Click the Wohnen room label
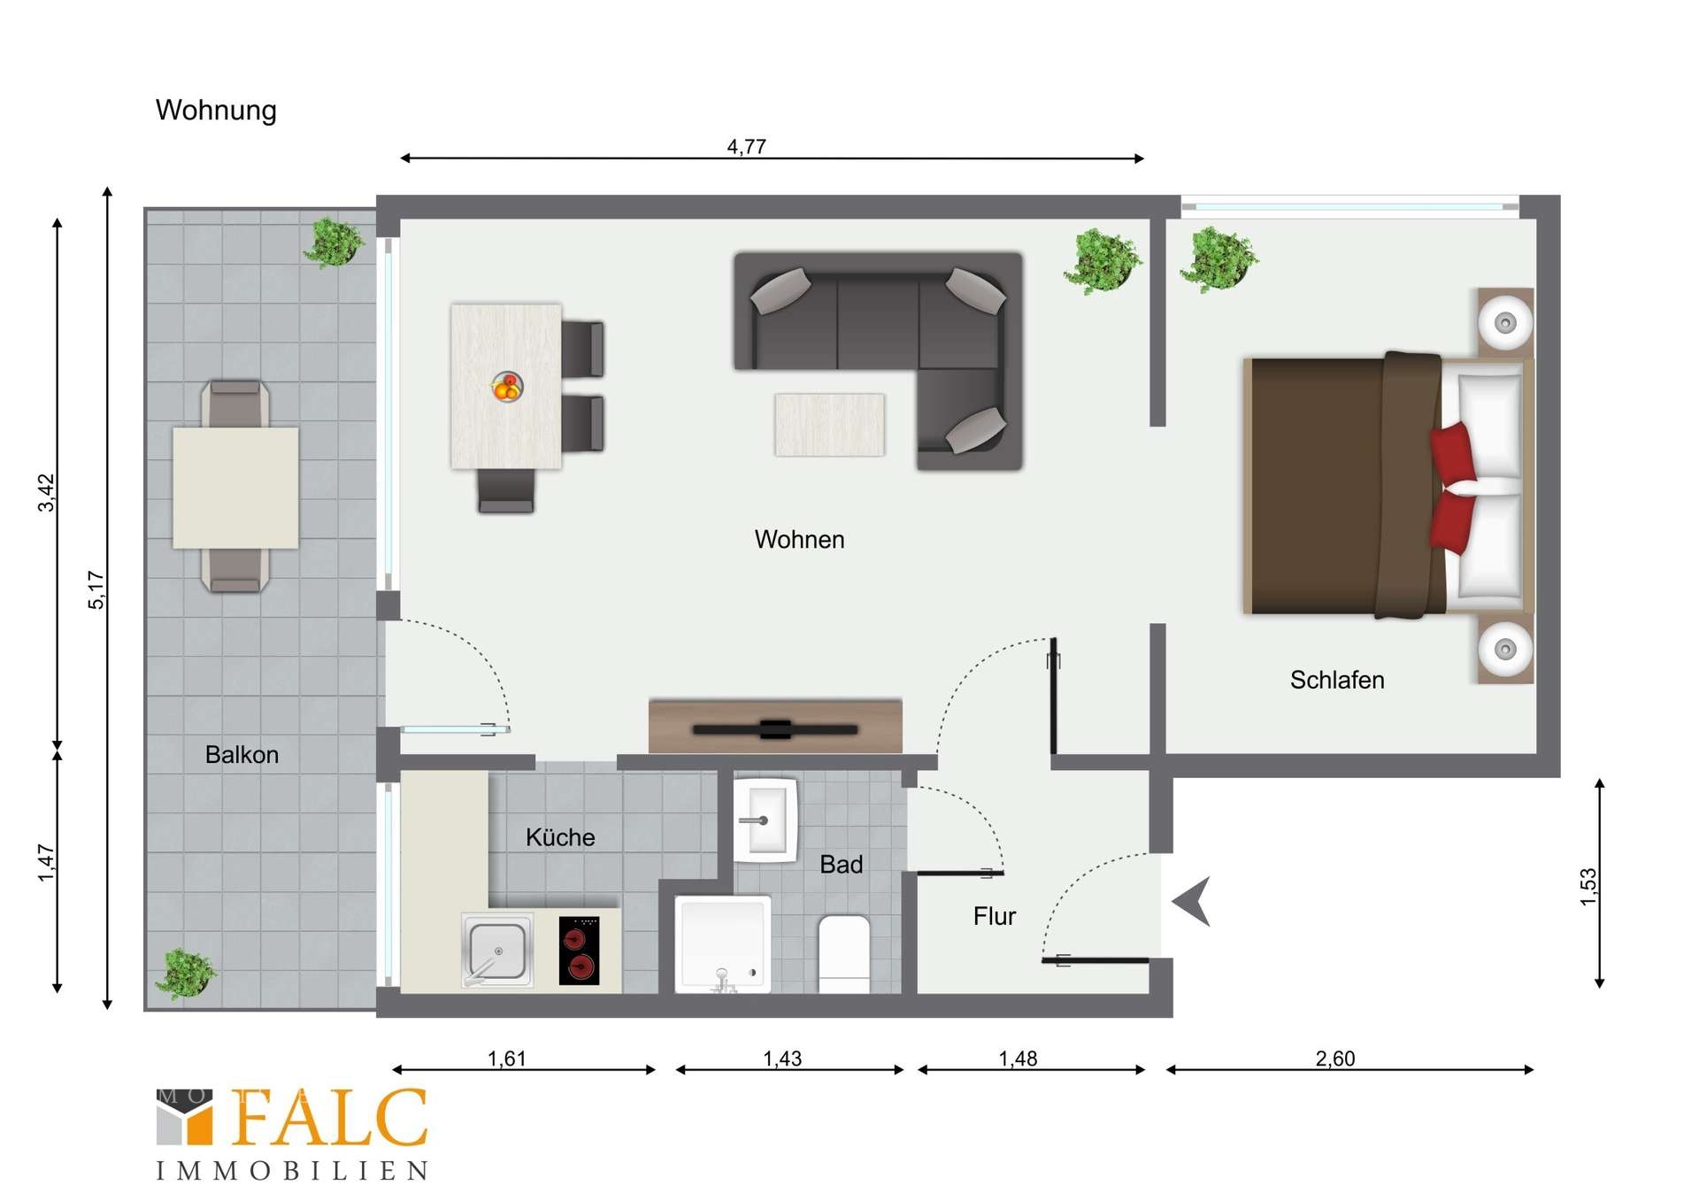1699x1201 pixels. tap(799, 540)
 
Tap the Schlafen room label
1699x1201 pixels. tap(1336, 680)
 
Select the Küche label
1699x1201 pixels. tap(560, 837)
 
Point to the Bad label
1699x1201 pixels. tap(841, 865)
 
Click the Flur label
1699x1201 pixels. tap(994, 916)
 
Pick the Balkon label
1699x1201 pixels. tap(242, 755)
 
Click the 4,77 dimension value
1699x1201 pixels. tap(746, 146)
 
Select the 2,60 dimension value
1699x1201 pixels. tap(1334, 1059)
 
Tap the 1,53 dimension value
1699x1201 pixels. tap(1588, 887)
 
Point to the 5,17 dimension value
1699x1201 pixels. tap(96, 590)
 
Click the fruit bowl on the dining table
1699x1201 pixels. tap(507, 387)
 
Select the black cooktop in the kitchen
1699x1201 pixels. tap(579, 951)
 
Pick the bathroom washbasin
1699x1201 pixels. tap(765, 820)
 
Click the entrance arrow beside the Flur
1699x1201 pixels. tap(1193, 901)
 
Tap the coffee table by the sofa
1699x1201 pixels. tap(829, 425)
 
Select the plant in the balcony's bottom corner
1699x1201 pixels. tap(186, 973)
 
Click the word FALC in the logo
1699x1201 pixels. tap(329, 1119)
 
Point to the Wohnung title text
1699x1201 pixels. tap(216, 111)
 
